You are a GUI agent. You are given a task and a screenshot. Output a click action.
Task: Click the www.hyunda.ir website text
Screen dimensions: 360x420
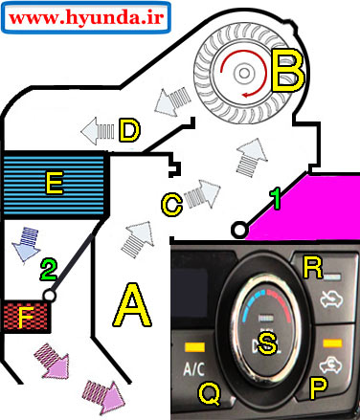coord(86,17)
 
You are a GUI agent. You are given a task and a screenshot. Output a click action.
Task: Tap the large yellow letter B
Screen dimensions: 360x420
coord(288,71)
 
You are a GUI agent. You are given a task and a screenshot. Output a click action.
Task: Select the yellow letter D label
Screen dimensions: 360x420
coord(129,130)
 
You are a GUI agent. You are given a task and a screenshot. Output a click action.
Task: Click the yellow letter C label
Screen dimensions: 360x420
coord(171,205)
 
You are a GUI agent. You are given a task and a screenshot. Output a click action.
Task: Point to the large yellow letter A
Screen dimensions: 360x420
coord(132,305)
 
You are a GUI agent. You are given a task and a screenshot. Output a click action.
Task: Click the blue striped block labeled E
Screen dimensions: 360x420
coord(55,185)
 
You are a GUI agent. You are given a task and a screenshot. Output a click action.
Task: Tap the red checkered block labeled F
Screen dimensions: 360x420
coord(26,317)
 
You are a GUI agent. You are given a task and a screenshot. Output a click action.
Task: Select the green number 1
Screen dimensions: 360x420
coord(275,198)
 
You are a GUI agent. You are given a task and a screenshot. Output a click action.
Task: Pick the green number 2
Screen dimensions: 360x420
coord(48,270)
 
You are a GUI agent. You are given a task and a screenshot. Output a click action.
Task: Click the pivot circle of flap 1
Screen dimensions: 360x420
coord(239,230)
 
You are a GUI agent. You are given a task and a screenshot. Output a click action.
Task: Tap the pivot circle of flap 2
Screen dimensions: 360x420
coord(49,296)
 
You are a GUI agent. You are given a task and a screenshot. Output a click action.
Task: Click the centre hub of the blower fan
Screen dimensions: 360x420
coord(244,73)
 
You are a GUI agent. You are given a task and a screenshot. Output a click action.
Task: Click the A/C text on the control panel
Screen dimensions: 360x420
coord(194,369)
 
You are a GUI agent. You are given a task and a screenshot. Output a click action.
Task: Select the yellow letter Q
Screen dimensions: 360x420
coord(210,393)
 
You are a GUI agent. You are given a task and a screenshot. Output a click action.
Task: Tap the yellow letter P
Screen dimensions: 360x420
coord(319,388)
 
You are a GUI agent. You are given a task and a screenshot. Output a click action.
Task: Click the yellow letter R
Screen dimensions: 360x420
coord(313,268)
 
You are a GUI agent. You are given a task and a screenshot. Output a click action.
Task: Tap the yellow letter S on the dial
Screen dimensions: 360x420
coord(267,343)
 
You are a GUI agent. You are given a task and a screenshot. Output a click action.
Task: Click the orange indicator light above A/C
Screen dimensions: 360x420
coord(194,347)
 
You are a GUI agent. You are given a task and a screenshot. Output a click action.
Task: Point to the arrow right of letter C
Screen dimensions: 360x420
coord(202,194)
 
